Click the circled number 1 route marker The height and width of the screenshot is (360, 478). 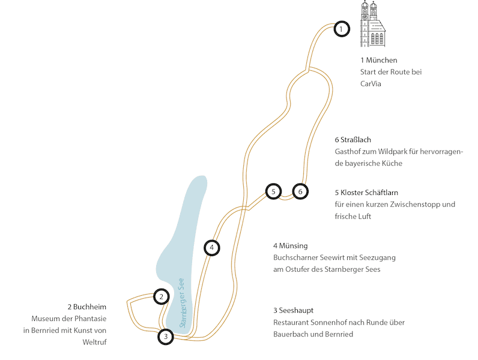click(342, 29)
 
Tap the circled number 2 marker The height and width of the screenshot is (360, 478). click(162, 296)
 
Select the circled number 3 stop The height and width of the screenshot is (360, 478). click(166, 337)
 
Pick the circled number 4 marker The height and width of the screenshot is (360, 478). click(211, 248)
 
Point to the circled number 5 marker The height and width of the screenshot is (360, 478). click(273, 191)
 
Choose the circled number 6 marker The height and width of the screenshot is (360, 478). click(300, 191)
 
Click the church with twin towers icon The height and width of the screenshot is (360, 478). click(372, 24)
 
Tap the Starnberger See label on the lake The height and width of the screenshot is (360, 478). click(182, 303)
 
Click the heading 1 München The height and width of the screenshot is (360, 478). click(379, 60)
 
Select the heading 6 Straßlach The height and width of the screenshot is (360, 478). click(352, 140)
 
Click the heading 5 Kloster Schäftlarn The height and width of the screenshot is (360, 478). click(366, 193)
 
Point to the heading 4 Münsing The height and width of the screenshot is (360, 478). click(290, 246)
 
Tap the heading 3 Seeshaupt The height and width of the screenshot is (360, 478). click(293, 310)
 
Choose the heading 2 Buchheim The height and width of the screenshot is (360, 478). click(87, 307)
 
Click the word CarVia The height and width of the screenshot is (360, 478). click(371, 84)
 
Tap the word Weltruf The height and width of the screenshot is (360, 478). click(94, 342)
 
